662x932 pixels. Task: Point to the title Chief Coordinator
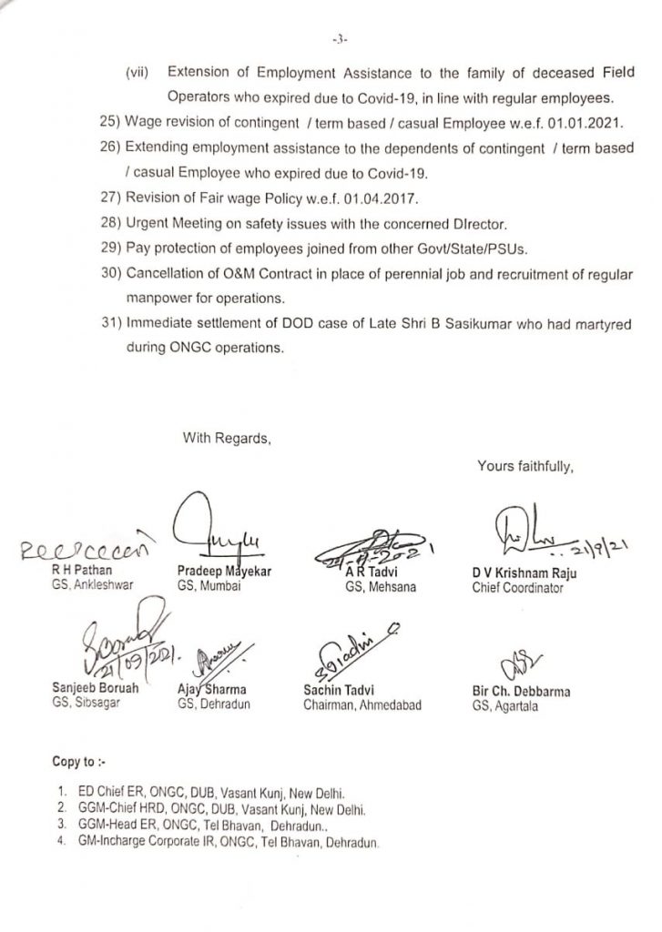point(517,588)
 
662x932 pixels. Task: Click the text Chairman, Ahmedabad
point(362,704)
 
